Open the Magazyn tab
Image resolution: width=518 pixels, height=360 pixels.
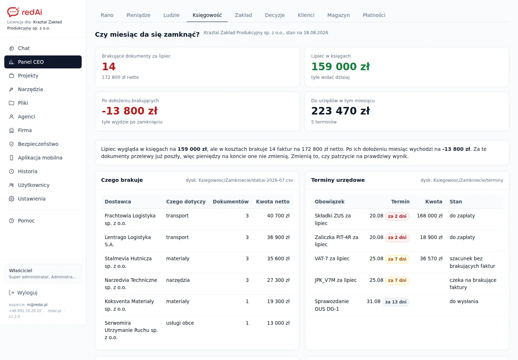(338, 15)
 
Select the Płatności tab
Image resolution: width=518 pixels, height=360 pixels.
(374, 15)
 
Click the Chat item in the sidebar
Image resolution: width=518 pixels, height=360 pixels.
(24, 48)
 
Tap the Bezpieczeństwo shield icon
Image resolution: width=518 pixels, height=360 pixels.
(12, 144)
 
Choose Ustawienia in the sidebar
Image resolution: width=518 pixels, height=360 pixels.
(32, 199)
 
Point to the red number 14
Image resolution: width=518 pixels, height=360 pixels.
(109, 67)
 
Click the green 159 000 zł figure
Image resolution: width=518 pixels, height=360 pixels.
(340, 67)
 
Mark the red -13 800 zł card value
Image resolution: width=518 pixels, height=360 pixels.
(129, 111)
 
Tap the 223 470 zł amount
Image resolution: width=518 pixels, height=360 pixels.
(340, 111)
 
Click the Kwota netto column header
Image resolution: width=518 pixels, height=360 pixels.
(273, 202)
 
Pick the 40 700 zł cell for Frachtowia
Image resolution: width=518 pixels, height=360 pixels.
(278, 216)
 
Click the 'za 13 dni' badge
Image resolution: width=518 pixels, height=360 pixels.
(396, 302)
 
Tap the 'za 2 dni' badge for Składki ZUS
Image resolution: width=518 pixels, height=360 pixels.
(397, 216)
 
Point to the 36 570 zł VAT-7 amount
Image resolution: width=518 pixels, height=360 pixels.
(431, 258)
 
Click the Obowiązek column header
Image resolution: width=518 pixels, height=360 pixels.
(330, 202)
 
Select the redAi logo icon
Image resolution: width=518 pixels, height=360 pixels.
(13, 12)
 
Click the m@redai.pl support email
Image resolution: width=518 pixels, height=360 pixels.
(37, 305)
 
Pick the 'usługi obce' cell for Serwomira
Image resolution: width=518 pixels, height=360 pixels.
(180, 323)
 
